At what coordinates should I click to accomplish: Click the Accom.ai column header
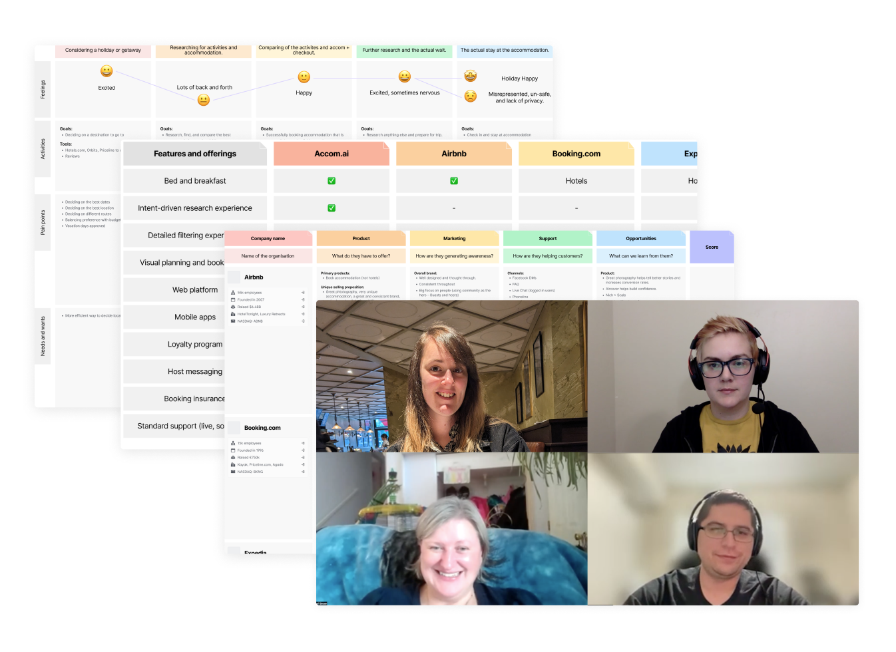331,154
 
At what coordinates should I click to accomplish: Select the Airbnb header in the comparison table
453,154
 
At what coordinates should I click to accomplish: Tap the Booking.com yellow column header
576,154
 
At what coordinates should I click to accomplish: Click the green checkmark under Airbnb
454,181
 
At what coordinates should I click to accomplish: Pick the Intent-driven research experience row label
195,208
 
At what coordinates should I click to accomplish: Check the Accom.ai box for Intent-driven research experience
332,208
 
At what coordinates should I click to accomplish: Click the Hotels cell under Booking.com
576,181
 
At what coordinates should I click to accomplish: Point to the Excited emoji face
107,71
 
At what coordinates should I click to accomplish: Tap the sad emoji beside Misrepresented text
471,96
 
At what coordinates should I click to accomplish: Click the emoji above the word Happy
304,77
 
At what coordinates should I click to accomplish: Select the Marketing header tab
455,238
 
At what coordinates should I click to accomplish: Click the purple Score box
712,247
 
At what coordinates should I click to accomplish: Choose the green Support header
548,238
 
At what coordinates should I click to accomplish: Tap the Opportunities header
641,238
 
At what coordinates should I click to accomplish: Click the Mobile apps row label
195,317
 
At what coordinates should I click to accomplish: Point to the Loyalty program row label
195,345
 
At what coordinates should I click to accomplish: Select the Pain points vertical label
43,222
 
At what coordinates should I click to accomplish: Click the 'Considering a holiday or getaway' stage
103,51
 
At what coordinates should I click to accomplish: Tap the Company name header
268,238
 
